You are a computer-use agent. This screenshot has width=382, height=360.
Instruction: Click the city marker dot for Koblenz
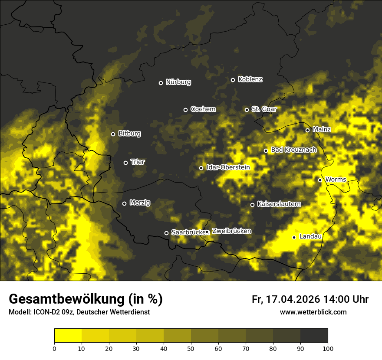coord(233,80)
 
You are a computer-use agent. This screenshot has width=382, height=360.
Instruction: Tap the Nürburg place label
coord(178,82)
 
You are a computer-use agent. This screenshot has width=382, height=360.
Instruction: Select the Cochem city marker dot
coord(185,110)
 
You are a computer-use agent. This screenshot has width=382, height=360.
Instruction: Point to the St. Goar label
coord(264,109)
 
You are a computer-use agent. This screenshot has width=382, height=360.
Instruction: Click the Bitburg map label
coord(129,134)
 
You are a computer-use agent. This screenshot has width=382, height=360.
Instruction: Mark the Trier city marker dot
coord(126,163)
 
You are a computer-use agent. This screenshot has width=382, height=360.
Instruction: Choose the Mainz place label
coord(322,129)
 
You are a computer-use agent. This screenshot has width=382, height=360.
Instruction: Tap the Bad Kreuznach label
coord(293,150)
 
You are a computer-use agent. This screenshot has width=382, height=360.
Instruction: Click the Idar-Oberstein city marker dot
coord(201,168)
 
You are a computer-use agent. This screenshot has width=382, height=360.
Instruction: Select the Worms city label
coord(336,180)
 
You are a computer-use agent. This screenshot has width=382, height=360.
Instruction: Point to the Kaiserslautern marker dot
coord(252,205)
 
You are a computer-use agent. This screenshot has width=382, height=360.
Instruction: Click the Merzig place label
coord(140,203)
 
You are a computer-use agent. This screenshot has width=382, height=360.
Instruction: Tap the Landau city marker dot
coord(294,237)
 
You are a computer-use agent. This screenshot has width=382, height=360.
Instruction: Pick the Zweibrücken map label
coord(231,231)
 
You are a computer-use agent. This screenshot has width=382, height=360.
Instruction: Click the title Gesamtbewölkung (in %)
coord(86,299)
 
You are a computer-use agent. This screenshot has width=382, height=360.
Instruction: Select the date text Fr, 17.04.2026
coord(285,299)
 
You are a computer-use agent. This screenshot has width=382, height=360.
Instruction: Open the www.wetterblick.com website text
coord(313,312)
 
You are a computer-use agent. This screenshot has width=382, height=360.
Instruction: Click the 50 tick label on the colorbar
coord(191,348)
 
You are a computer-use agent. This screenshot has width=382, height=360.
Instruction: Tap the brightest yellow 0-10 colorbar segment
coord(68,336)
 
